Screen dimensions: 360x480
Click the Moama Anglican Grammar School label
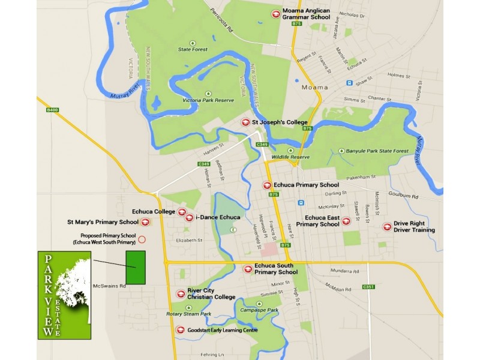pyautogui.click(x=307, y=14)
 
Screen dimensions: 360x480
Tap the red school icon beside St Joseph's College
pyautogui.click(x=245, y=122)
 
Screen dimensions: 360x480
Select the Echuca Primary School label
pyautogui.click(x=306, y=185)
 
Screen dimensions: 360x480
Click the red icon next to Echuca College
pyautogui.click(x=182, y=212)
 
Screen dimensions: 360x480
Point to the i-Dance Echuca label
pyautogui.click(x=218, y=217)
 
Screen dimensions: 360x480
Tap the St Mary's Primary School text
pyautogui.click(x=103, y=222)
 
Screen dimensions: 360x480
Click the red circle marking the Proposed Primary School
pyautogui.click(x=142, y=239)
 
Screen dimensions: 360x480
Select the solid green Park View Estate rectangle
pyautogui.click(x=136, y=267)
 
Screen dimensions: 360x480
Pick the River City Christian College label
pyautogui.click(x=211, y=293)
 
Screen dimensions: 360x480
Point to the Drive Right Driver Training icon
pyautogui.click(x=387, y=227)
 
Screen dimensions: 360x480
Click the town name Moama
pyautogui.click(x=315, y=88)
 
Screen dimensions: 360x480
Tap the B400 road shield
pyautogui.click(x=53, y=110)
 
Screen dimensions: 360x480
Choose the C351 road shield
pyautogui.click(x=368, y=287)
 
